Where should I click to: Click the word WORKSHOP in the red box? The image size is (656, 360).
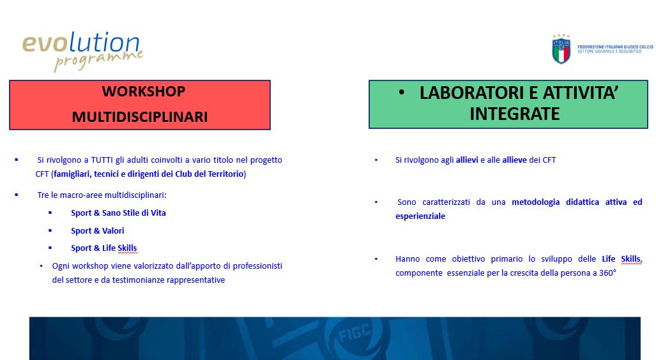coord(144,91)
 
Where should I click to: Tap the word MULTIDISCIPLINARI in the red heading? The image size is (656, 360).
coord(140,117)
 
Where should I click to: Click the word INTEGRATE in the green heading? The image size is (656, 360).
coord(515,114)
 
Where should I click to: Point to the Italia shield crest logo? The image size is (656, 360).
coord(561,49)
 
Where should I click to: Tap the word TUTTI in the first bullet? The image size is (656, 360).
coord(102,160)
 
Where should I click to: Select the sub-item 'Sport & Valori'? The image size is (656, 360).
coord(98,230)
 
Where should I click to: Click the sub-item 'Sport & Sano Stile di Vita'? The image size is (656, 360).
coord(118,213)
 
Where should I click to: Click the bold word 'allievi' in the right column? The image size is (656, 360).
coord(467,160)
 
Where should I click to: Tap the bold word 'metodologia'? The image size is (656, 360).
coord(535,202)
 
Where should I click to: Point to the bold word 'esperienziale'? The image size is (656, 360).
coord(420,216)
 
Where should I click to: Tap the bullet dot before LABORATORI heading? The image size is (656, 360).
coord(402,93)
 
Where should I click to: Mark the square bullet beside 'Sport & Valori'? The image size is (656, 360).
coord(50,230)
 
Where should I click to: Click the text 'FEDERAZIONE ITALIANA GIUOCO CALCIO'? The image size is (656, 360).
coord(615,47)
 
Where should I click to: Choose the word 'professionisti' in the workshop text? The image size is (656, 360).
coord(257,266)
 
